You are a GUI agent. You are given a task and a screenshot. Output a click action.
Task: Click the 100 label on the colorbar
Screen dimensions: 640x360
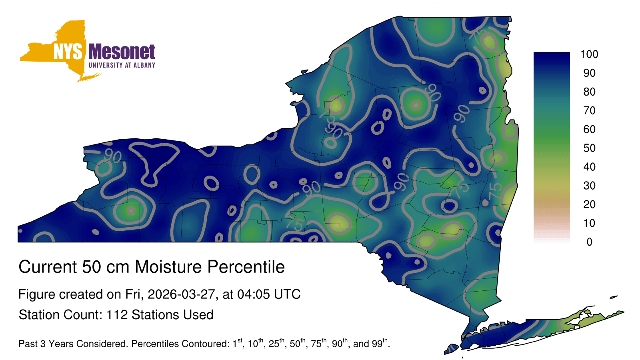(x=589, y=54)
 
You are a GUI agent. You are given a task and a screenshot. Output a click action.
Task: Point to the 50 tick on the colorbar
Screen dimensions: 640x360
(x=589, y=148)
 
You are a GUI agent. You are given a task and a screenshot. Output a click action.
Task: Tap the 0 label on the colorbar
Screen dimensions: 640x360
(x=589, y=242)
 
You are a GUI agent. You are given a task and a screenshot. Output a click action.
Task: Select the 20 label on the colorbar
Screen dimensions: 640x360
(x=589, y=204)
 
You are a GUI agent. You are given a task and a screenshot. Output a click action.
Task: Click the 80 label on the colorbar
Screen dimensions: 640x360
(x=589, y=92)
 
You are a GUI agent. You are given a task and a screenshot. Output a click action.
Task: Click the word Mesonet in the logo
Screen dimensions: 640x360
(x=122, y=52)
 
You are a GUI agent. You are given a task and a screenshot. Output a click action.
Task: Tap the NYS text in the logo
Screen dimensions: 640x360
(x=68, y=52)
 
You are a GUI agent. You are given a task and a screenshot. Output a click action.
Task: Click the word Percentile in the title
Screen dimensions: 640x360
(x=246, y=267)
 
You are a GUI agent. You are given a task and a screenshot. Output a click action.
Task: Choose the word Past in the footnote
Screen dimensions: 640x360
(x=28, y=344)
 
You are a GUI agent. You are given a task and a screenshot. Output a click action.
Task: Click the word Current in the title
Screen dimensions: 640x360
(x=48, y=267)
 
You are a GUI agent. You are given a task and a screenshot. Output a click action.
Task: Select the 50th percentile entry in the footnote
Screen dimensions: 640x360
(x=298, y=343)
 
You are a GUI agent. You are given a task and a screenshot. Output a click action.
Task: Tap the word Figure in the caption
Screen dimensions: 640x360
(x=36, y=294)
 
